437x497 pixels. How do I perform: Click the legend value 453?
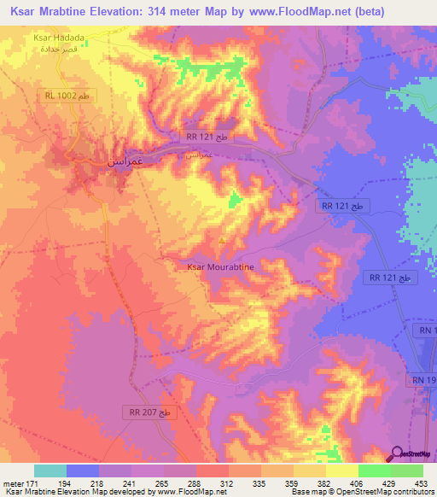tap(420, 483)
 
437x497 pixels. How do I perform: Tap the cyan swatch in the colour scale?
tap(50, 471)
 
